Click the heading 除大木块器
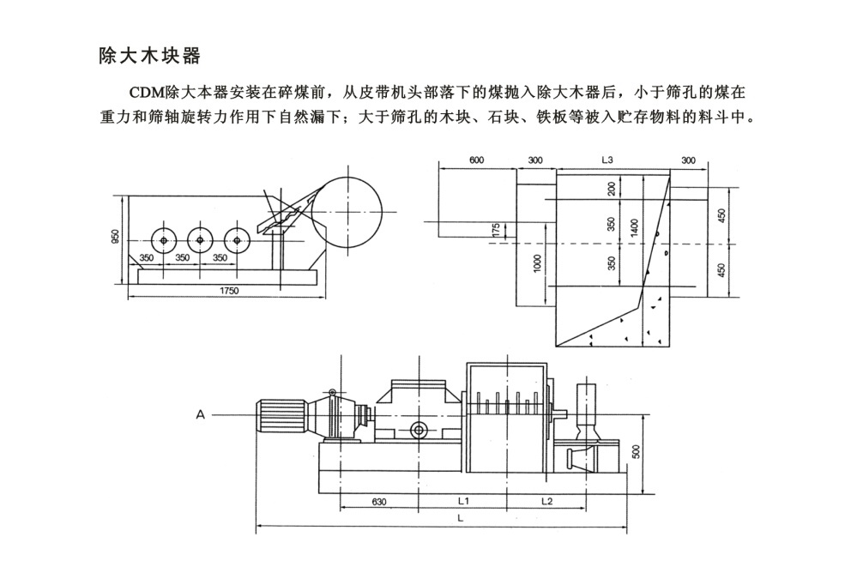(149, 56)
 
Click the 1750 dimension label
(228, 291)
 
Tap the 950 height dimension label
(115, 237)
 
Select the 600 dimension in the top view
(476, 160)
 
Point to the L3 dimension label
(607, 160)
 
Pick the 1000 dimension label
(537, 263)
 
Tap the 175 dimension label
(495, 230)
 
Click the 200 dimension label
(612, 189)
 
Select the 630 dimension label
(379, 502)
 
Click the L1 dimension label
(463, 501)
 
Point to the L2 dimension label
(546, 501)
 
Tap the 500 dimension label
(637, 452)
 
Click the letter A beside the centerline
(201, 415)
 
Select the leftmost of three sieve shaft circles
(164, 240)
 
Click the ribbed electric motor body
(281, 417)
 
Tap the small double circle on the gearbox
(419, 431)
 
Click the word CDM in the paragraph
(147, 93)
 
